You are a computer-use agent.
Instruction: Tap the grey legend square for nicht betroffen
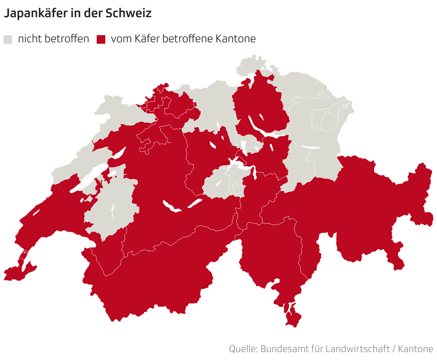point(8,39)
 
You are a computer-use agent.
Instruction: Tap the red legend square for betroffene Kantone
point(101,39)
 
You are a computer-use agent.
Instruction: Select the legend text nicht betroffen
point(53,39)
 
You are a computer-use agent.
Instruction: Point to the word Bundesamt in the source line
point(283,349)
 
